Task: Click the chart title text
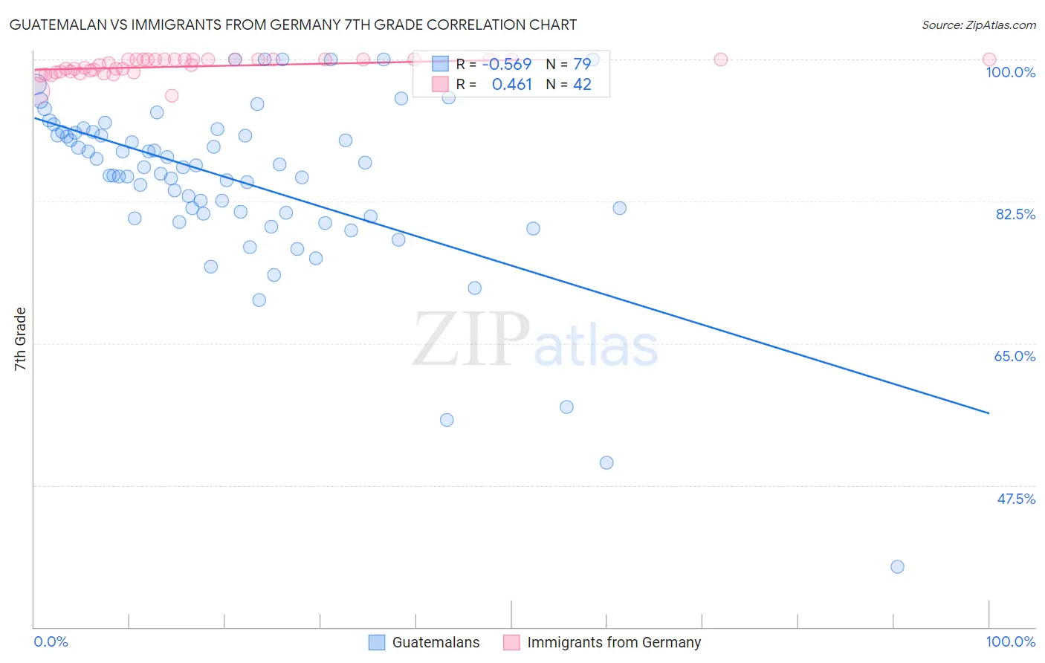tap(293, 25)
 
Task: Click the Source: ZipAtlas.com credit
tap(978, 25)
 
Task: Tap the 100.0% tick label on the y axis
tap(1010, 72)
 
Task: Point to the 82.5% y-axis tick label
tap(1015, 214)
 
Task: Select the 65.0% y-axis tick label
tap(1015, 356)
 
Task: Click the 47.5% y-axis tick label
tap(1015, 499)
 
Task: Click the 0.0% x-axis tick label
tap(51, 641)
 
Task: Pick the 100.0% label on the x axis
tap(1010, 641)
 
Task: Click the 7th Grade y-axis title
tap(20, 339)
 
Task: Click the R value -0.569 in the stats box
tap(506, 64)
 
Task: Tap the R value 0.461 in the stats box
tap(511, 85)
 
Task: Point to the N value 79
tap(582, 64)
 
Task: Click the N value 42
tap(582, 85)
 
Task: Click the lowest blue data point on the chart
tap(897, 566)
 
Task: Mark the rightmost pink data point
tap(989, 59)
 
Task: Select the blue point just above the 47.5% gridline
tap(606, 462)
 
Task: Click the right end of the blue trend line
tap(989, 413)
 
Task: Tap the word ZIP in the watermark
tap(470, 340)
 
